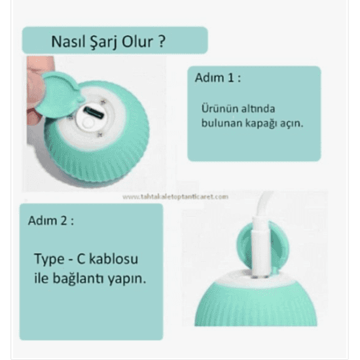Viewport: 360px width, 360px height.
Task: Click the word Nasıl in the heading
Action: click(67, 42)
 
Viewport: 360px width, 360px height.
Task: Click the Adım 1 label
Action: click(218, 79)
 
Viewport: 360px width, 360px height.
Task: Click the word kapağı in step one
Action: click(268, 122)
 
